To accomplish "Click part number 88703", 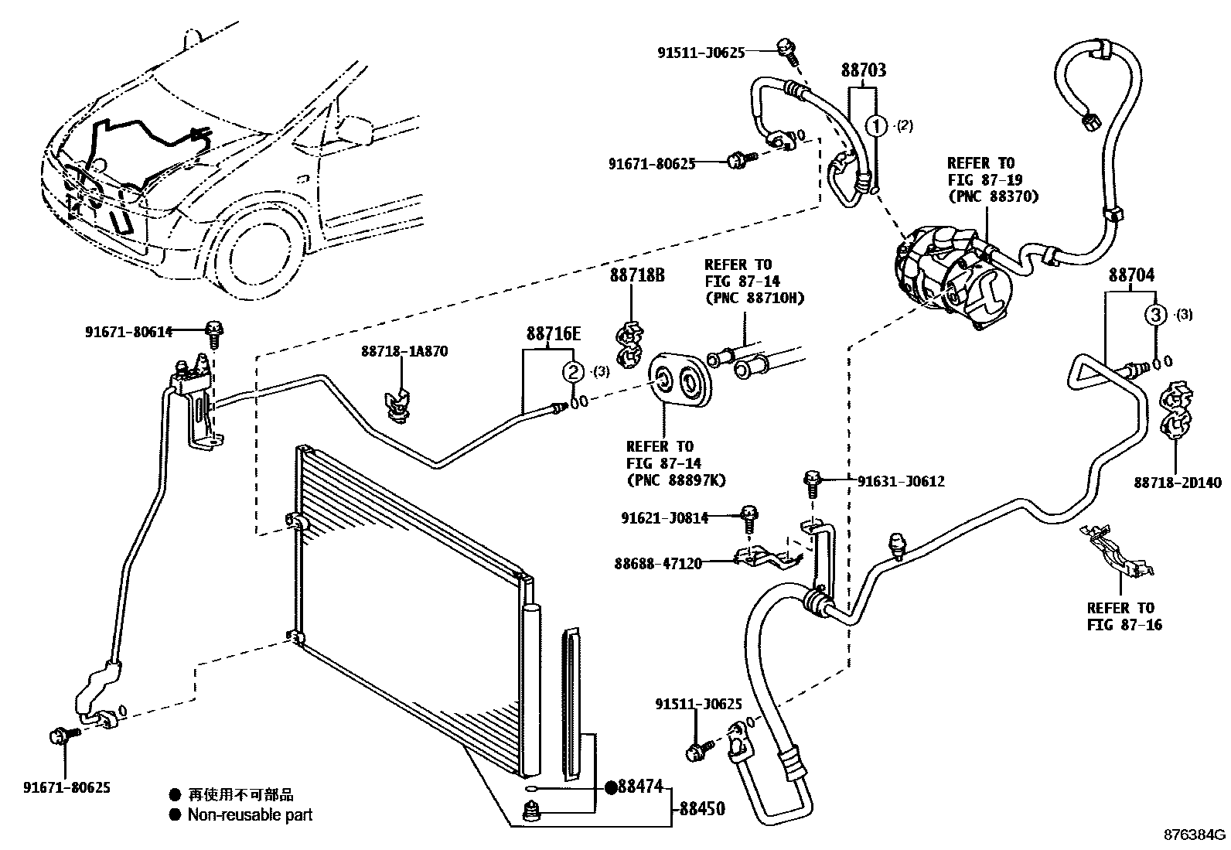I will click(863, 70).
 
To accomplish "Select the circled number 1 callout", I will click(876, 125).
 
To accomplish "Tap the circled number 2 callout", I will click(573, 372).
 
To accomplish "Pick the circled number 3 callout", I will click(1154, 315).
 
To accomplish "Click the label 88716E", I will click(553, 333).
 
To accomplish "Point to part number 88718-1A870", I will click(404, 351).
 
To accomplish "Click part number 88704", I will click(1131, 275).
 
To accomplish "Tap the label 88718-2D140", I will click(1178, 483).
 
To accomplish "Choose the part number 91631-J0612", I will click(900, 481).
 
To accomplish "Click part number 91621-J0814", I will click(663, 518).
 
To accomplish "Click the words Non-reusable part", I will click(250, 814).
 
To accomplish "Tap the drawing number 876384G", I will click(1195, 835).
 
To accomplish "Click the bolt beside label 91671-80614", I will click(213, 333).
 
